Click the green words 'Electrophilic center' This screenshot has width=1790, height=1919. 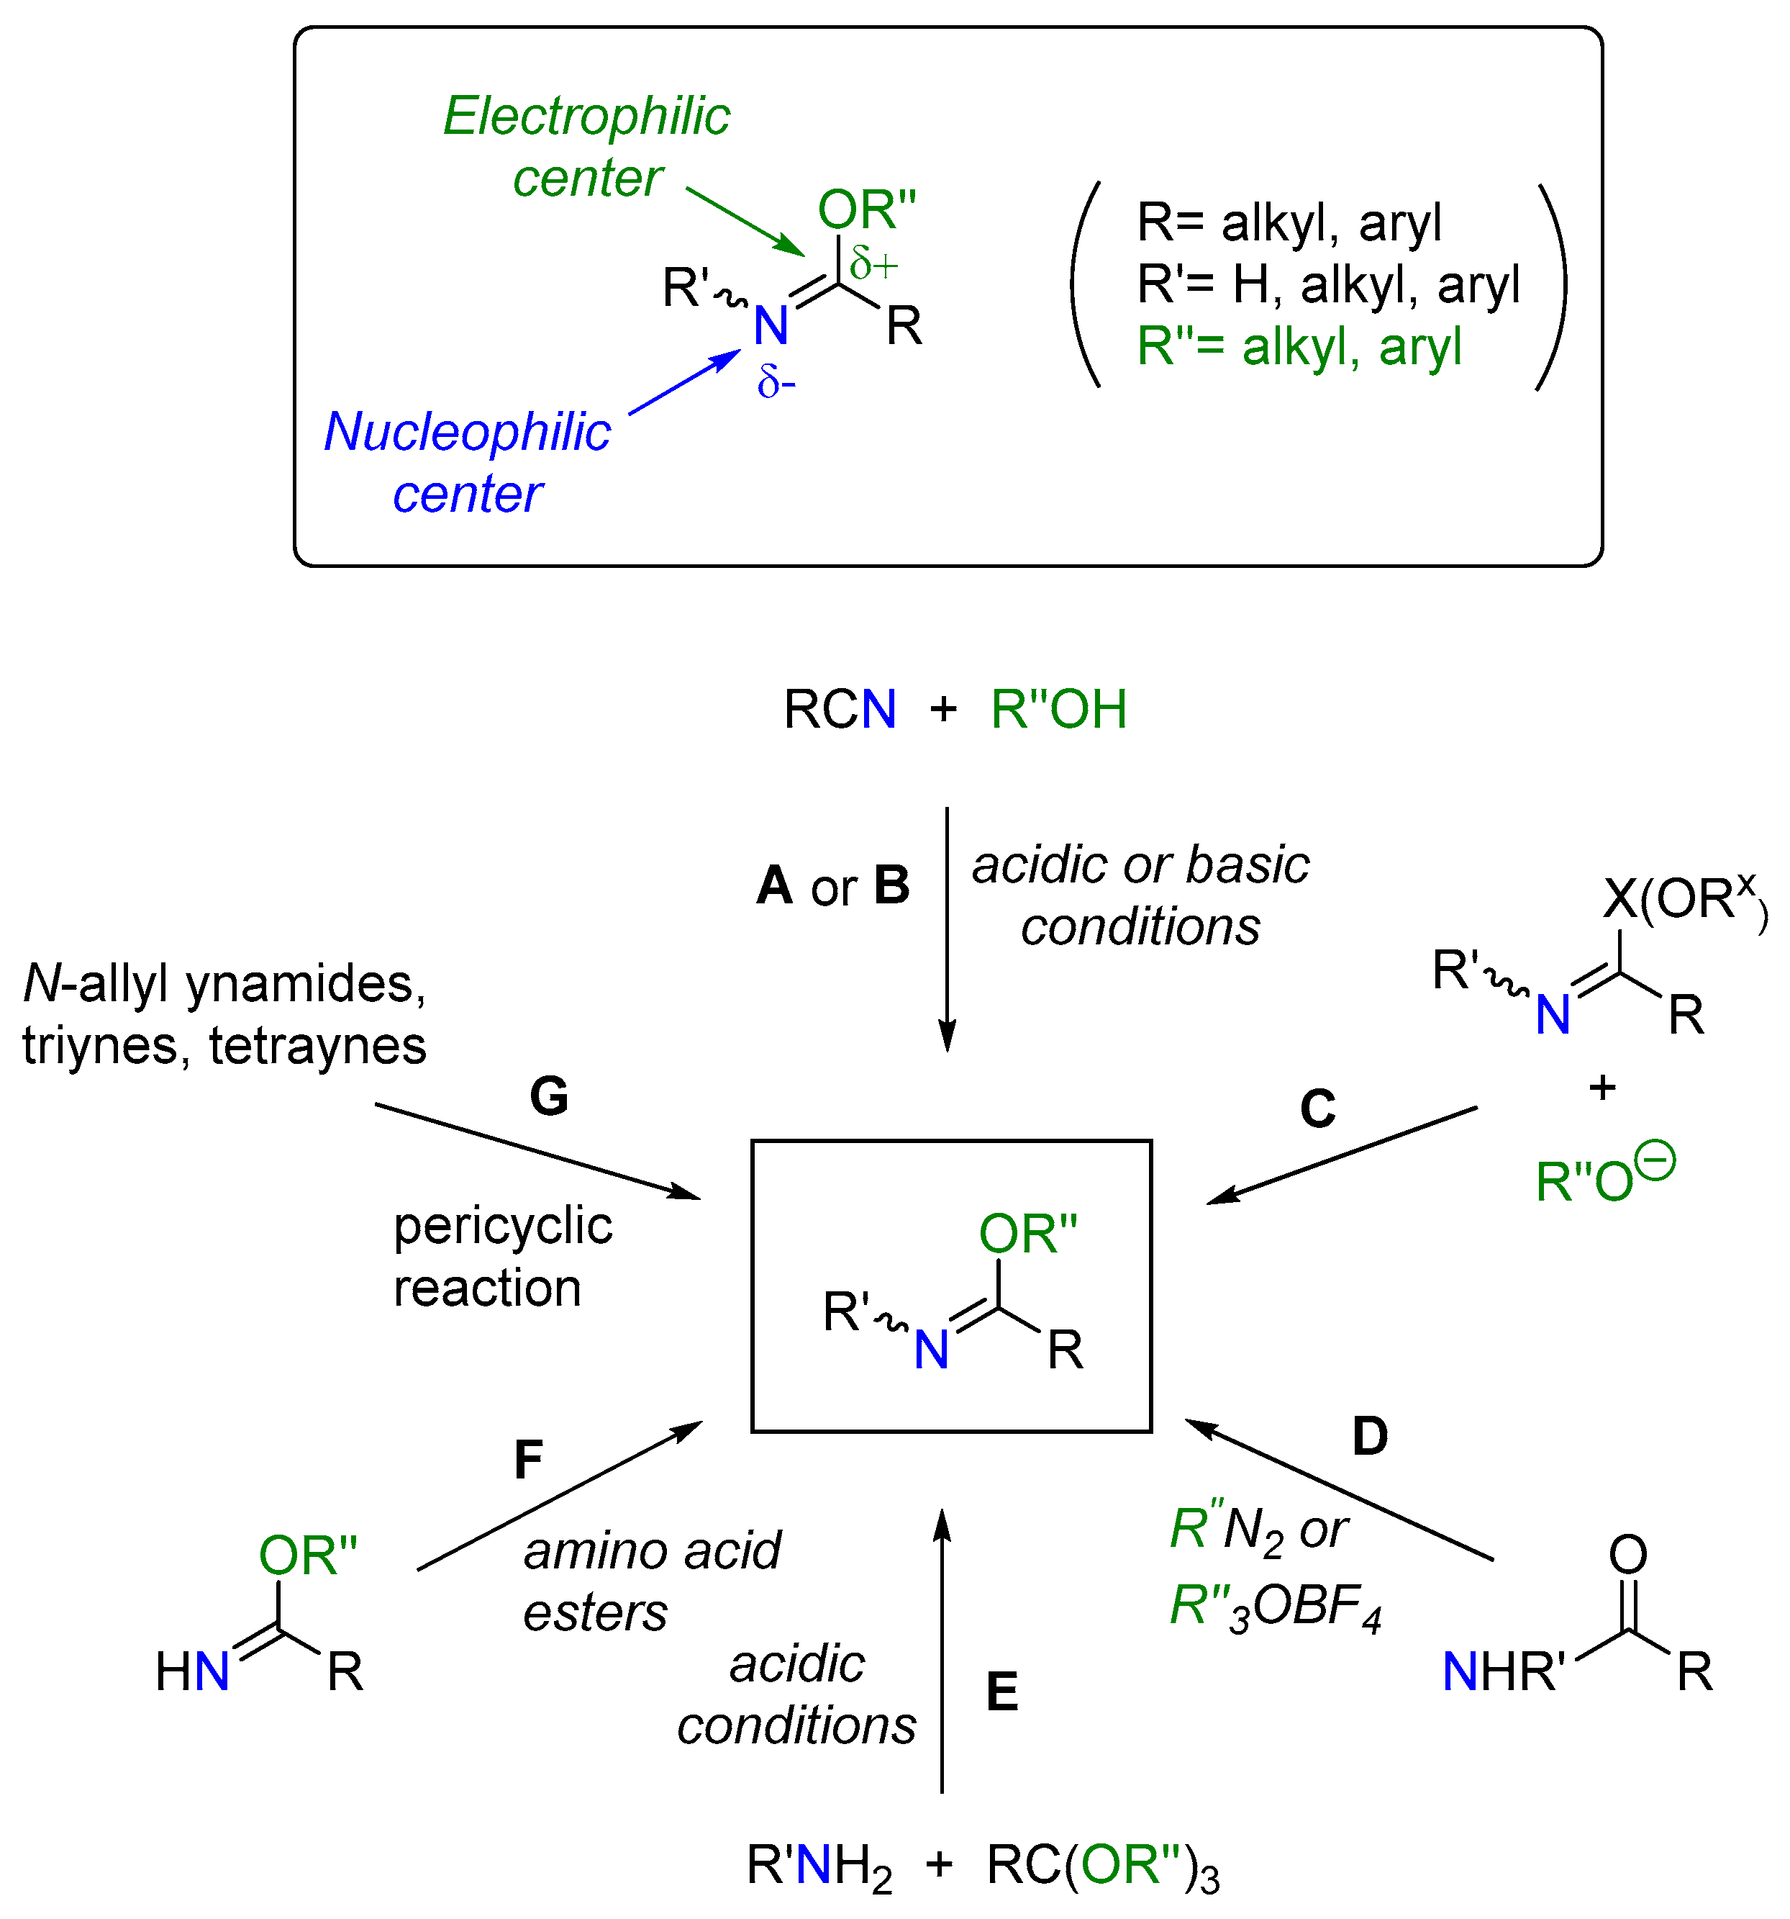(x=586, y=147)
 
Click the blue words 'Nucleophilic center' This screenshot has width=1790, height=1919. (x=468, y=461)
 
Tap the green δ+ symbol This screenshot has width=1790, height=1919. (x=874, y=263)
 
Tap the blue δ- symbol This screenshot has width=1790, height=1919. (x=776, y=382)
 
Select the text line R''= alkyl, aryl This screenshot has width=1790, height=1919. (x=1299, y=346)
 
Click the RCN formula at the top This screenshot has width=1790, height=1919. (x=840, y=710)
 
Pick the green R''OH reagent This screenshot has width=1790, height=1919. (x=1058, y=710)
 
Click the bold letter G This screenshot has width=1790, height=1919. (x=549, y=1096)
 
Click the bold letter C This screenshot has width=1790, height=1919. (x=1317, y=1109)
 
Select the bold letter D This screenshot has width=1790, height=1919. (x=1369, y=1436)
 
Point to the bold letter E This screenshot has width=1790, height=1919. (x=1001, y=1692)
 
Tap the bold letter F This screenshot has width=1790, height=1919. (x=528, y=1460)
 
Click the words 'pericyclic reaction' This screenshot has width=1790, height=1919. (x=501, y=1257)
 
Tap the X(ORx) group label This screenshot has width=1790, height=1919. (x=1684, y=900)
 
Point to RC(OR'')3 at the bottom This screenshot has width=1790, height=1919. (x=1102, y=1865)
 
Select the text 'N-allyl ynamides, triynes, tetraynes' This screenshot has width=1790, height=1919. (x=224, y=1014)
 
